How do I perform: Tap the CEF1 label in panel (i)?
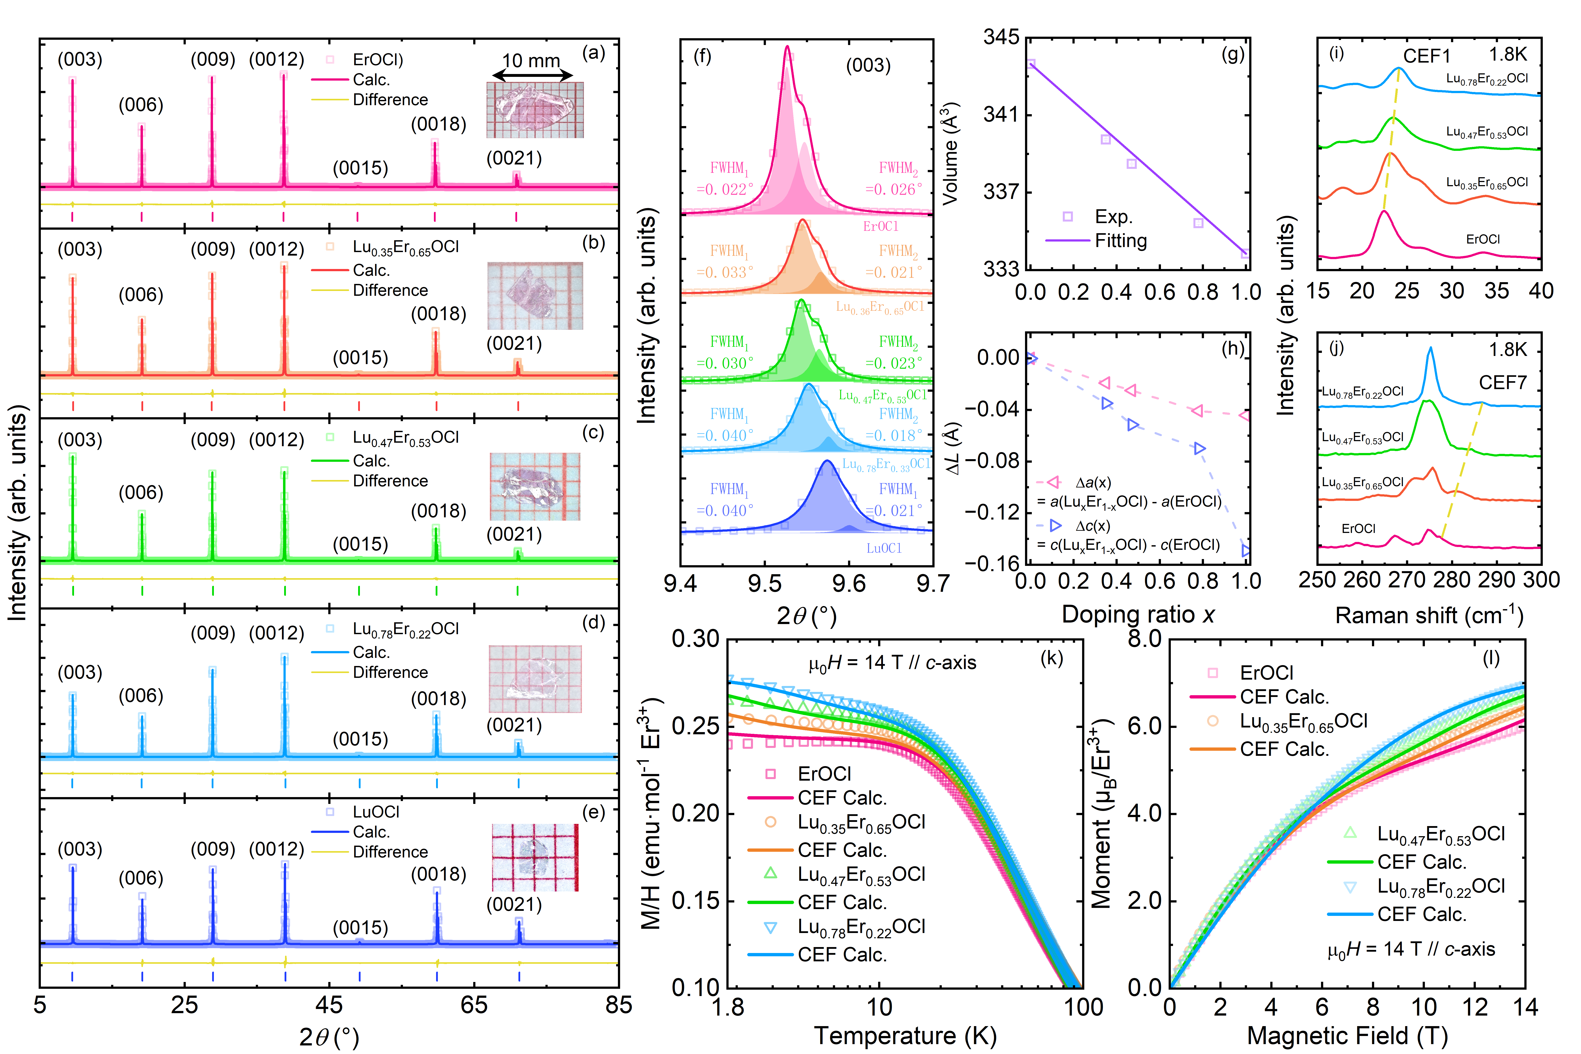(x=1426, y=56)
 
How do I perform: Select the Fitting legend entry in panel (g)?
(x=1121, y=241)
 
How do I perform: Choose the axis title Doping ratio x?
(x=1138, y=614)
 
